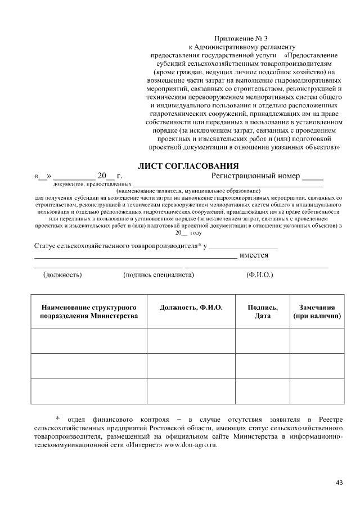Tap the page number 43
pos(339,481)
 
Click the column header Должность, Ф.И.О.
pos(191,308)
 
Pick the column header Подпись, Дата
pos(262,312)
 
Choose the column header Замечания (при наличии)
pos(317,312)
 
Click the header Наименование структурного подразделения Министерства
pos(88,312)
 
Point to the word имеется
pos(254,255)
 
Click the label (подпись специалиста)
pos(158,275)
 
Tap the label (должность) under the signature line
pos(62,275)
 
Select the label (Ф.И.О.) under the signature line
pos(259,275)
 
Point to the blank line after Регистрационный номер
pos(313,178)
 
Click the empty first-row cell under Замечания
pos(317,340)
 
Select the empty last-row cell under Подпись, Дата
pos(262,391)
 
